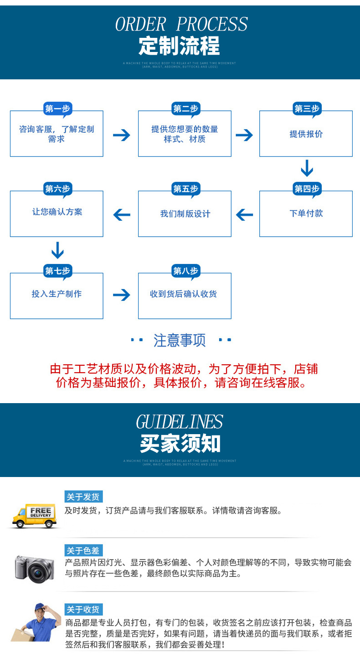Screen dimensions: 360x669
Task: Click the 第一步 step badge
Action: [x=57, y=109]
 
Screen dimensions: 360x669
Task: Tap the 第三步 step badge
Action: [x=307, y=109]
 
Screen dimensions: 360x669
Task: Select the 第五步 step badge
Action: [x=185, y=189]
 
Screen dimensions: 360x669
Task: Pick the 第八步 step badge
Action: [x=185, y=271]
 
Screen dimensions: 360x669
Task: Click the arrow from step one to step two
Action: [x=121, y=135]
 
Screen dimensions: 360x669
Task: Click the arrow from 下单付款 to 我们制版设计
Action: [x=245, y=214]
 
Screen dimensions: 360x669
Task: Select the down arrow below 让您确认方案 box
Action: [x=57, y=250]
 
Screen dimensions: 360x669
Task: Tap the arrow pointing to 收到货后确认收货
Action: [x=121, y=295]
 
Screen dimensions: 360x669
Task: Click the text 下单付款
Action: [x=306, y=213]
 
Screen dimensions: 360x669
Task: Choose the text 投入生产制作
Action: [x=57, y=294]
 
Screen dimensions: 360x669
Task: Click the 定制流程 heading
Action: [x=180, y=46]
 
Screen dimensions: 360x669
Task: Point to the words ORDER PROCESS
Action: [x=181, y=24]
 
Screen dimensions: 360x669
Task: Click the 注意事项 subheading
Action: [x=180, y=340]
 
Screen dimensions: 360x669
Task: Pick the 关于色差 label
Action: [x=83, y=550]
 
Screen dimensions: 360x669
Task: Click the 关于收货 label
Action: [x=83, y=610]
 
